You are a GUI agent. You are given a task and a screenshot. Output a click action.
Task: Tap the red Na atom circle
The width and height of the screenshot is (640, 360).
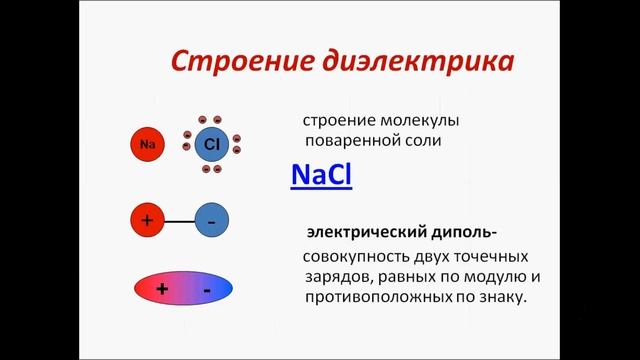point(148,146)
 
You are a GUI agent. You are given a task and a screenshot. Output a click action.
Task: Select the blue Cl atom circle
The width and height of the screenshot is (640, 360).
point(211,144)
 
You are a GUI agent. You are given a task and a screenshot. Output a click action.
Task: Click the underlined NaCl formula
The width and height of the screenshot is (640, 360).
point(321,175)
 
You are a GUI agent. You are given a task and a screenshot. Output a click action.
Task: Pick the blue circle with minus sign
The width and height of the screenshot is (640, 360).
point(211,221)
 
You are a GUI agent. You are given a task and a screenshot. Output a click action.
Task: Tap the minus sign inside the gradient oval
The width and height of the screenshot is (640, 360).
point(206,289)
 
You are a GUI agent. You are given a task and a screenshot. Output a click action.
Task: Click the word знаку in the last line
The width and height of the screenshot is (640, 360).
point(500,298)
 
